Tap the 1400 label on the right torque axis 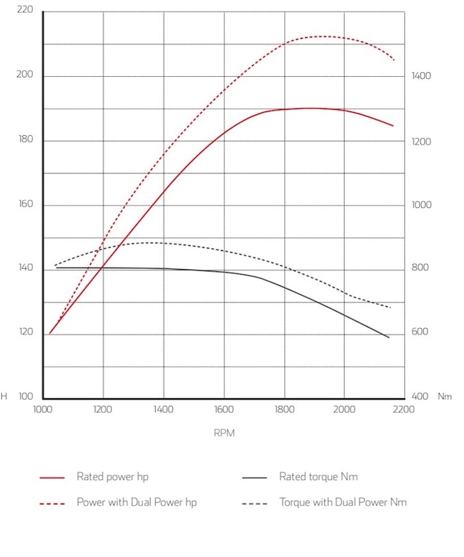click(x=421, y=76)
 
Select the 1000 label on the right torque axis click(x=421, y=205)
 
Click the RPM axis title click(x=224, y=433)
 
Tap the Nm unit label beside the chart click(x=445, y=397)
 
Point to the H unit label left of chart click(x=4, y=397)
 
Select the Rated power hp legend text click(x=113, y=477)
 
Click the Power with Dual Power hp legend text click(x=137, y=503)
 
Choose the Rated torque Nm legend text click(x=319, y=477)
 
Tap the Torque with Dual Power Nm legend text click(x=343, y=503)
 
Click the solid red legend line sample click(x=52, y=478)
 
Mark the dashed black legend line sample click(x=254, y=503)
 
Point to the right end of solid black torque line click(x=389, y=337)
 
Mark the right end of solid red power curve click(x=394, y=125)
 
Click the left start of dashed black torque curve click(x=54, y=265)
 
